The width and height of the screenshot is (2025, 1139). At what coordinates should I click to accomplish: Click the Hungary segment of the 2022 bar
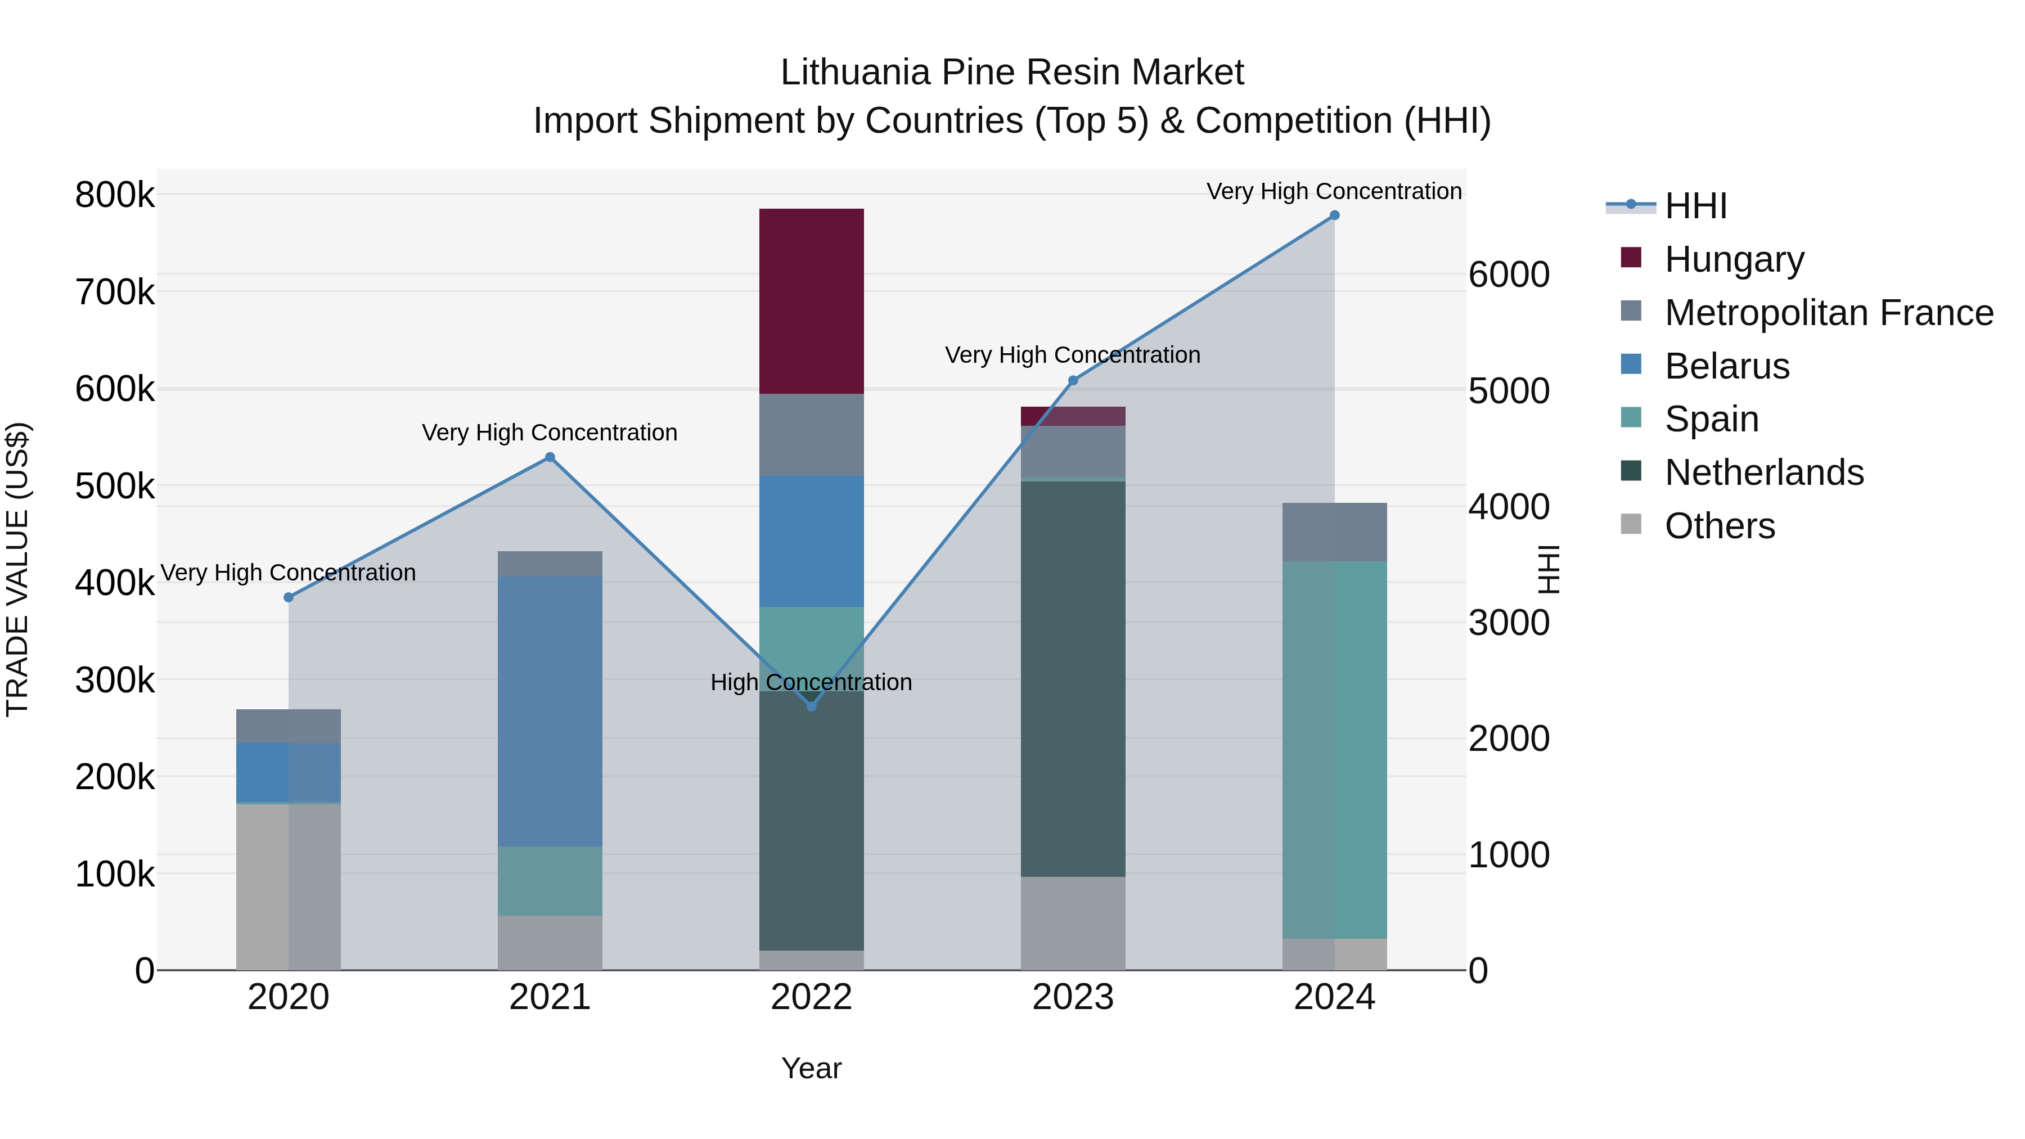click(811, 301)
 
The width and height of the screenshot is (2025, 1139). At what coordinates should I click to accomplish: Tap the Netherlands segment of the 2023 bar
click(1073, 678)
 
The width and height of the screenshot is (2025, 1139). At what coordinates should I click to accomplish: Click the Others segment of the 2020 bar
click(289, 886)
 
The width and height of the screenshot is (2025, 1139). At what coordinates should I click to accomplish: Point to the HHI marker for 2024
click(1334, 215)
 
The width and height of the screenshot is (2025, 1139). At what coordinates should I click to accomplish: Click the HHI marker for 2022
click(811, 706)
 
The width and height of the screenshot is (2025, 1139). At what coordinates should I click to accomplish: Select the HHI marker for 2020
click(289, 597)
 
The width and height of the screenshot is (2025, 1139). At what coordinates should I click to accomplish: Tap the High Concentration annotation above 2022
click(811, 682)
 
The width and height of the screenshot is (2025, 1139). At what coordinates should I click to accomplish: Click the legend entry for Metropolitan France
click(1829, 313)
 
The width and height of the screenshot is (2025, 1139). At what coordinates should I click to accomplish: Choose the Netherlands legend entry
click(1764, 472)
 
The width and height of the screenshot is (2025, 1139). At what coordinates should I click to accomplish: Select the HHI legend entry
click(1695, 206)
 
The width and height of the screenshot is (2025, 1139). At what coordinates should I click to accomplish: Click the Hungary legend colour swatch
click(1631, 258)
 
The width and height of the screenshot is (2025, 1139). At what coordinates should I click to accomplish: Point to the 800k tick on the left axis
click(115, 195)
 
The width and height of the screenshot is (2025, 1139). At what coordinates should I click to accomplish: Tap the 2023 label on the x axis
click(1073, 997)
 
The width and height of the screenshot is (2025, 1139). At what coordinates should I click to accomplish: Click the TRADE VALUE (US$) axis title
click(17, 569)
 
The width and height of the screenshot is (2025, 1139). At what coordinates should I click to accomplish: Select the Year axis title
click(811, 1068)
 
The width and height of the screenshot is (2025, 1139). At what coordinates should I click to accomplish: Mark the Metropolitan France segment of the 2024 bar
click(1334, 532)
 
